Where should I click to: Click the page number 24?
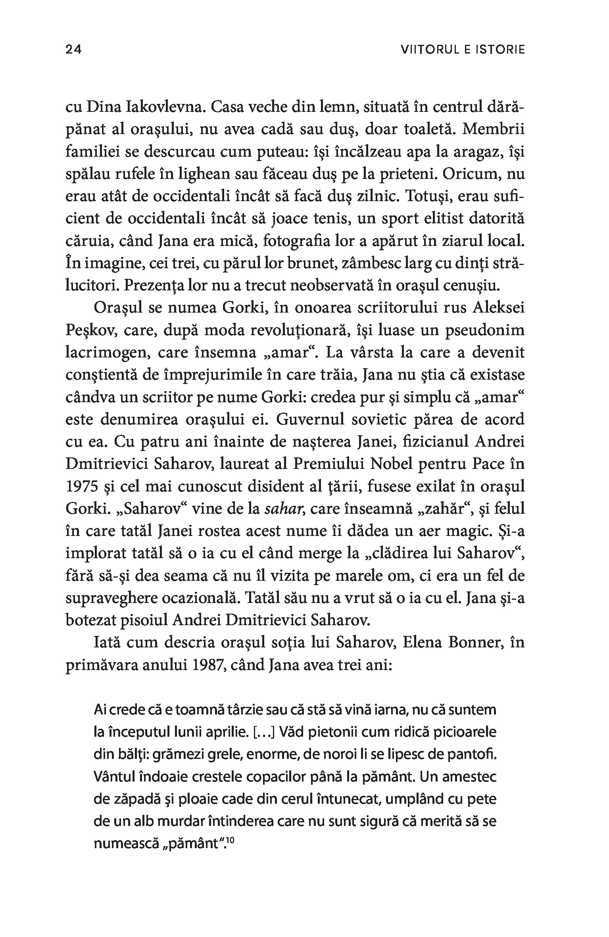(73, 50)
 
